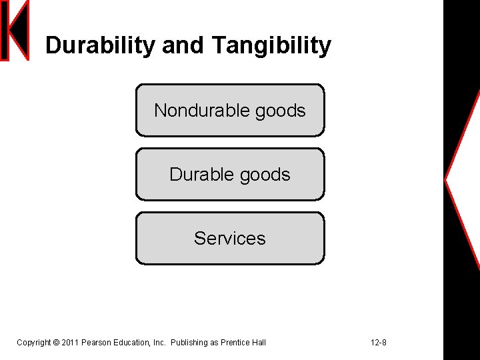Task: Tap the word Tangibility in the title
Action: (271, 45)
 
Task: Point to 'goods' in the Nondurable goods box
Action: (280, 111)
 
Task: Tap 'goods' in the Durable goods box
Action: (265, 175)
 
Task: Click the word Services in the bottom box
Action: (230, 238)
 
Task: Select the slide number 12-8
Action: (378, 343)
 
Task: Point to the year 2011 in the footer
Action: (70, 343)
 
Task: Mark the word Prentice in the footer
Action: (235, 343)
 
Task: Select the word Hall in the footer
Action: (259, 343)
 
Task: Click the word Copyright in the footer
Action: (33, 343)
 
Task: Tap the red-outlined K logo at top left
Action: (15, 31)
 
